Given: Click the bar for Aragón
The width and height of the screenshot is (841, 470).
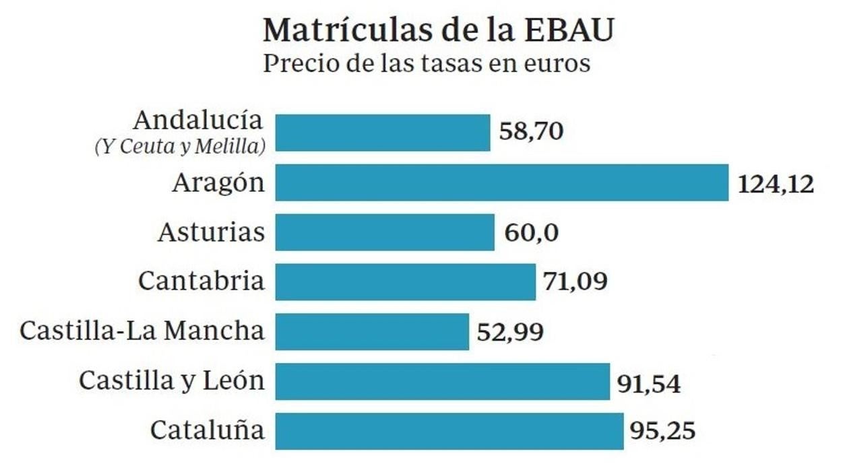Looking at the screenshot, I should coord(502,182).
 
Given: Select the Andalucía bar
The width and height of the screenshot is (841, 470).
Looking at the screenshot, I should coord(383,133).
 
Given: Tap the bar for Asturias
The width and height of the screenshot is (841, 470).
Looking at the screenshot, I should coord(385,232).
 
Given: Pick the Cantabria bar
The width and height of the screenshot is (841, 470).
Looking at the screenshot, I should coord(406,282).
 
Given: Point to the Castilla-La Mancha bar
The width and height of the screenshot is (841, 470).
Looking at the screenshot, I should coord(372,332).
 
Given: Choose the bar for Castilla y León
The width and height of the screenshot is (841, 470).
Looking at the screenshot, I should coord(443,382).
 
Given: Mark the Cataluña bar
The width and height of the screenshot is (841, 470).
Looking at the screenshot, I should coord(449,432).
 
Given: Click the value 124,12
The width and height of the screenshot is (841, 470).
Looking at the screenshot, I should coord(776,184).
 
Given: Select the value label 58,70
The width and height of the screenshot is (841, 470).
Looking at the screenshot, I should coord(531,131).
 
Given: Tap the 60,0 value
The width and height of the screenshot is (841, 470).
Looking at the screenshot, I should coord(532,234).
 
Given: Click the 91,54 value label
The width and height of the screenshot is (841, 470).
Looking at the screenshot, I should coord(649,384).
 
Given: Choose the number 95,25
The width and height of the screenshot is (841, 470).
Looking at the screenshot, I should coord(662,430).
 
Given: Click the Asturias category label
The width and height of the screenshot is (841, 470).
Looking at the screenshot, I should coord(212,232).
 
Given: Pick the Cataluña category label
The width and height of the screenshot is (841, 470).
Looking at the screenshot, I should coord(208,430).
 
